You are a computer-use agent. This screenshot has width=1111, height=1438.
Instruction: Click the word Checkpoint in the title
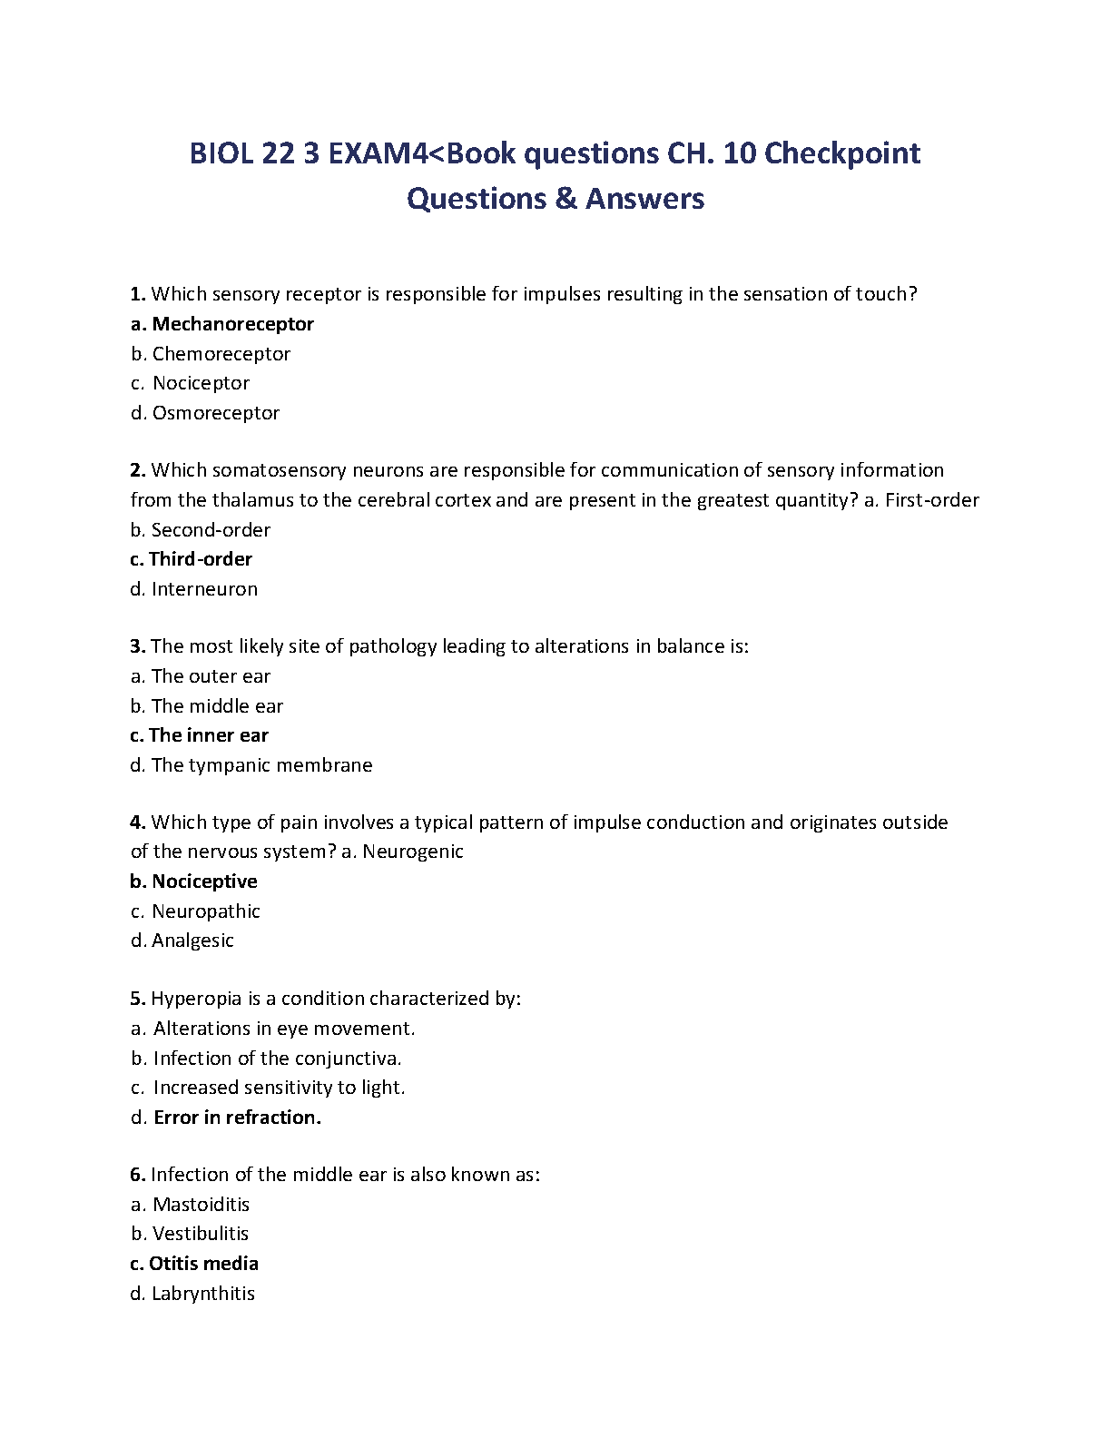click(x=842, y=153)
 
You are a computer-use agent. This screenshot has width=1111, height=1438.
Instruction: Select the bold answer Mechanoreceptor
click(x=232, y=324)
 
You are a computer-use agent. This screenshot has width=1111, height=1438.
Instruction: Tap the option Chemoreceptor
click(x=221, y=354)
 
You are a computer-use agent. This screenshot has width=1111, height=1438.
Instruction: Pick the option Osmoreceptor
click(x=215, y=413)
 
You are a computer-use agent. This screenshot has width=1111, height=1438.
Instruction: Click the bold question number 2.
click(x=138, y=470)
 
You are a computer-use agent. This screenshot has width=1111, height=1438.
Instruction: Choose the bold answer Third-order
click(x=200, y=559)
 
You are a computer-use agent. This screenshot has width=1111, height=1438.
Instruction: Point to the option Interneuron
click(x=204, y=589)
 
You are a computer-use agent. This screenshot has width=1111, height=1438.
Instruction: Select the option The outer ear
click(x=211, y=676)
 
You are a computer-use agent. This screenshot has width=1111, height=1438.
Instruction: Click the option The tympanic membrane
click(x=261, y=765)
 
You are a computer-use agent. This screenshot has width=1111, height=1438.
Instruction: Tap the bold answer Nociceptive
click(x=204, y=882)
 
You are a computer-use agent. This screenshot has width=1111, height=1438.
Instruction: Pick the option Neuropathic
click(x=206, y=911)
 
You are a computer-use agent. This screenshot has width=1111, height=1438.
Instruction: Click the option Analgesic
click(x=192, y=941)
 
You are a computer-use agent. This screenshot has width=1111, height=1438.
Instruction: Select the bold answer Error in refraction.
click(x=237, y=1118)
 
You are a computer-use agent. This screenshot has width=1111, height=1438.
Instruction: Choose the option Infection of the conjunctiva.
click(x=277, y=1059)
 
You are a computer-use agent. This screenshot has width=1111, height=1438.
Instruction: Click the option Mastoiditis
click(x=201, y=1205)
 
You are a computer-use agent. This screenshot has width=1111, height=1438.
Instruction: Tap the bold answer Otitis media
click(x=203, y=1264)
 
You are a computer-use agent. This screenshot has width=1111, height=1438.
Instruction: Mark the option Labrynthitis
click(x=203, y=1294)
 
